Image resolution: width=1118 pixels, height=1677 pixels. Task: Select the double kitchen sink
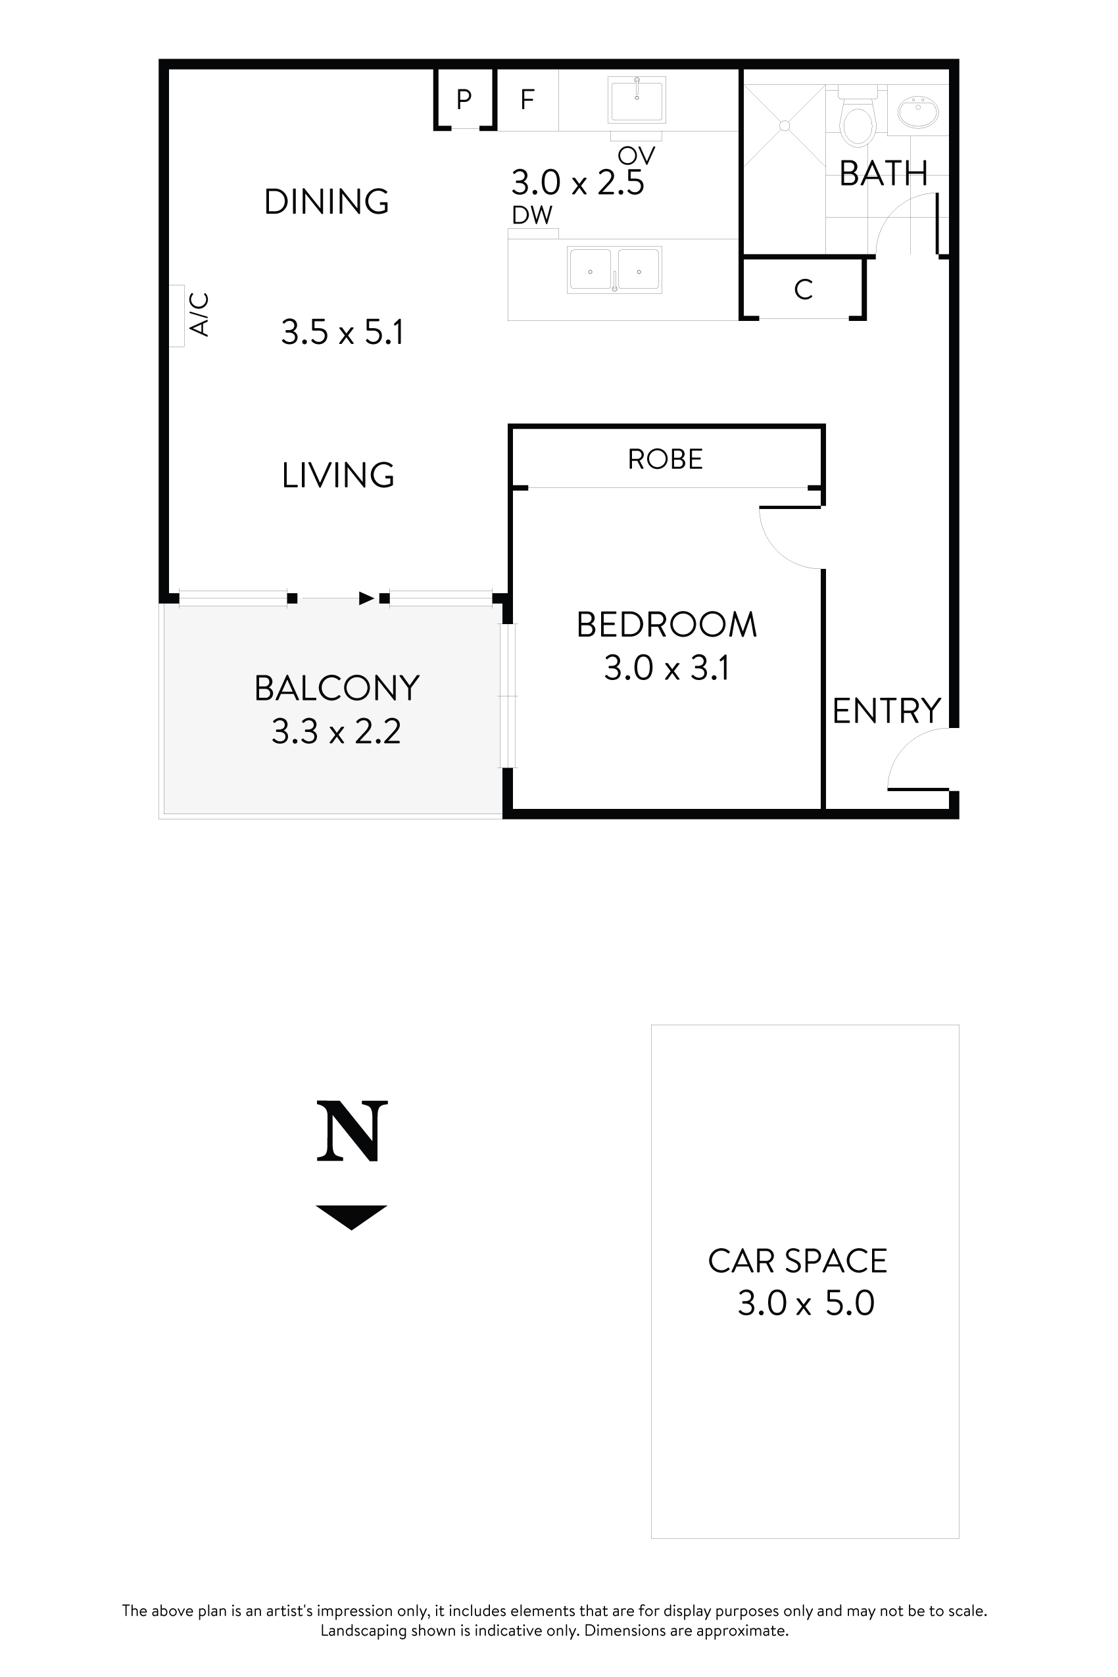(x=614, y=270)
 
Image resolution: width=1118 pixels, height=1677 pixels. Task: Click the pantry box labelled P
(x=464, y=99)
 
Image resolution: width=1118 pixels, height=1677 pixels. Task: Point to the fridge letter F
(x=527, y=100)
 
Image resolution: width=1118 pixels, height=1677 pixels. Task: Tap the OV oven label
(x=636, y=155)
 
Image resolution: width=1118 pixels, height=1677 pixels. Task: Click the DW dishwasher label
(x=532, y=214)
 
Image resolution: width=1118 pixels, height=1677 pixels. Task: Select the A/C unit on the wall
(x=177, y=316)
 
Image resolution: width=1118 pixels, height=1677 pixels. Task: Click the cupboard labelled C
(x=803, y=289)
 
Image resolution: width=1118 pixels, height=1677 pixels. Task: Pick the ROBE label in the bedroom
(x=666, y=459)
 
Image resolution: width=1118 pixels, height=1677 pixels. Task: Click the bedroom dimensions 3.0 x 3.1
(x=666, y=669)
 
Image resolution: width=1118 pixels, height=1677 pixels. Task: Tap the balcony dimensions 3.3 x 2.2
(x=336, y=731)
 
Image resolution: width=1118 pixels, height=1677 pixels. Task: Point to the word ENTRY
(x=887, y=711)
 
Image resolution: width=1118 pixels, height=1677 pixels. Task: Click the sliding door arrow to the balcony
(x=366, y=598)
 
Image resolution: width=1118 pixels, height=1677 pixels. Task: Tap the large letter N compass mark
(x=352, y=1132)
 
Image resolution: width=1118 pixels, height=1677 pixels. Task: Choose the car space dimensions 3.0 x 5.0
(x=806, y=1303)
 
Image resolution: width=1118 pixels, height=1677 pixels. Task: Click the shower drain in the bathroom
(x=785, y=126)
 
